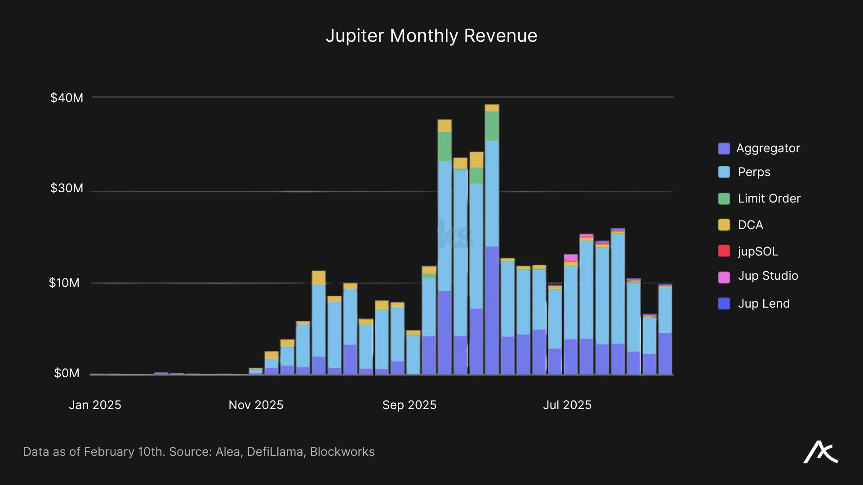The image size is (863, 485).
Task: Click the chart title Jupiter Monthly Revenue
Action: (x=431, y=36)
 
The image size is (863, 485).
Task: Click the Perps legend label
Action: (x=754, y=172)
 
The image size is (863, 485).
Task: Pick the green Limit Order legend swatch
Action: (x=724, y=198)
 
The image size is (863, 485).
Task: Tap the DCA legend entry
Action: (x=750, y=225)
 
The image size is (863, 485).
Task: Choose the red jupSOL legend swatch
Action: (x=724, y=251)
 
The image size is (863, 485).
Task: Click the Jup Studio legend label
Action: (x=768, y=276)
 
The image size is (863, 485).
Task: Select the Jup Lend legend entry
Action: (x=763, y=304)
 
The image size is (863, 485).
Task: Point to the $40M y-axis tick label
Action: (x=67, y=98)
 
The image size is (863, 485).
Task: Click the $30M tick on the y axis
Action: (x=67, y=188)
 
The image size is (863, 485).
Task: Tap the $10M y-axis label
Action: (x=64, y=283)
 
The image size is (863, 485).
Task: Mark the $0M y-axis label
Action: (x=67, y=373)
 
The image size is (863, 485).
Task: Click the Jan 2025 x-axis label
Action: (x=95, y=405)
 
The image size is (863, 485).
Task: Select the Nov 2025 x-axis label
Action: (x=256, y=405)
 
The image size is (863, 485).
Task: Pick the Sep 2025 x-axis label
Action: (x=409, y=405)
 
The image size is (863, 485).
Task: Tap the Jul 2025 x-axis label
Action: (x=567, y=405)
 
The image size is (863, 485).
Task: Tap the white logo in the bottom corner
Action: (x=820, y=452)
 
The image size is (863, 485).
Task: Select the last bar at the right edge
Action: (x=665, y=330)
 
